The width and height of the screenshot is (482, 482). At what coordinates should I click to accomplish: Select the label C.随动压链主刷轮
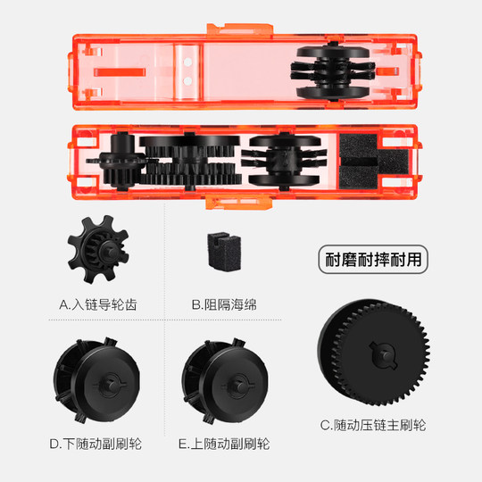[372, 425]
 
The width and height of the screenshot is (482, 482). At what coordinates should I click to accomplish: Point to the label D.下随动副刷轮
[96, 443]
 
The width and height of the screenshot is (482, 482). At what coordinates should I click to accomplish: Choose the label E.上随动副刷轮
[223, 443]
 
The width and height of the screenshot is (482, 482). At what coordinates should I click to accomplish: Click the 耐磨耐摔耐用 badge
[372, 262]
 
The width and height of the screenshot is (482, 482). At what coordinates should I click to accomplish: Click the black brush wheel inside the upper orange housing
[329, 71]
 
